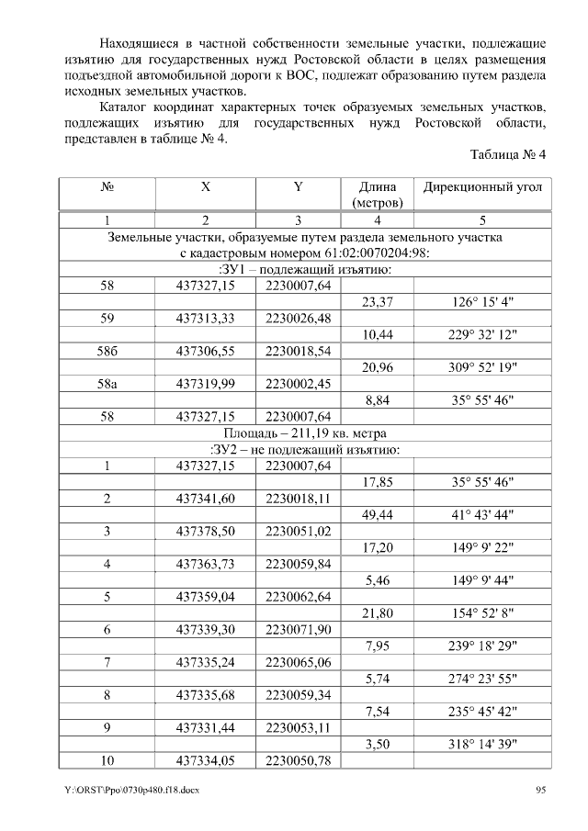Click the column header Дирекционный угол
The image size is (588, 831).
click(482, 187)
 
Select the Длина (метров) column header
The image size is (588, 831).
click(377, 194)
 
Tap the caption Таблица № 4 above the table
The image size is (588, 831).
click(507, 154)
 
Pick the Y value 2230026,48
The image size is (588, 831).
click(298, 319)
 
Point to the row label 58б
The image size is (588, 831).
click(107, 351)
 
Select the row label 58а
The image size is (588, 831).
click(107, 384)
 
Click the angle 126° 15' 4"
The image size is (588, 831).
click(481, 302)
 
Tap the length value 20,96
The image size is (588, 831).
click(378, 367)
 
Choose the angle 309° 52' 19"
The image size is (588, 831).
click(481, 367)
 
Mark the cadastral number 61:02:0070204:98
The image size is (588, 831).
click(367, 253)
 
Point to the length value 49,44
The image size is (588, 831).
click(378, 515)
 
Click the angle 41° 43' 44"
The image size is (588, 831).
click(481, 515)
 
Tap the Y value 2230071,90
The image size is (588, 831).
click(298, 630)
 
